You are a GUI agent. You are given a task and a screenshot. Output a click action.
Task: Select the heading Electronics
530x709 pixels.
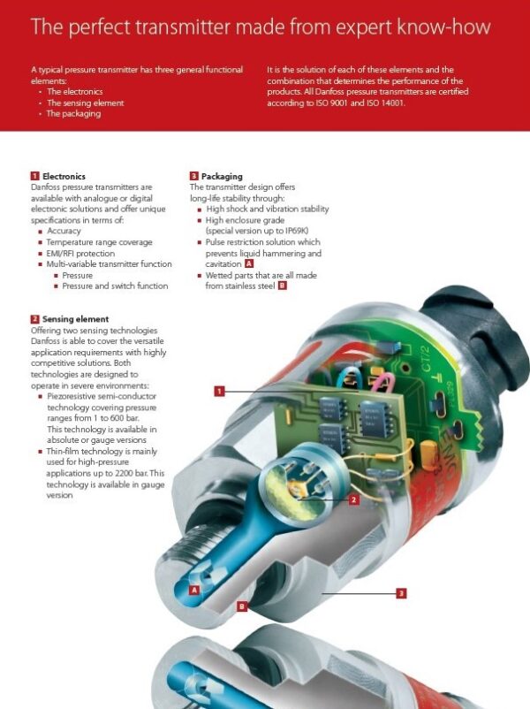(x=64, y=177)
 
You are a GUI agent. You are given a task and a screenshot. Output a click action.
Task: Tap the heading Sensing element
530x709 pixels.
(x=75, y=318)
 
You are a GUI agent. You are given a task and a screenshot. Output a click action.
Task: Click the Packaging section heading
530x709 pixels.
(x=222, y=177)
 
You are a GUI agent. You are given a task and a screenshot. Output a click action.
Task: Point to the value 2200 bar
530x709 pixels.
(x=123, y=474)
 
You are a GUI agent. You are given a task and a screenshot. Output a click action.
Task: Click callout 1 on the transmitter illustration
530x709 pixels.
(x=219, y=390)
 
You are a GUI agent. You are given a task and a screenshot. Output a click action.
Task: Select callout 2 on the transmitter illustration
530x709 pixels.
(x=353, y=499)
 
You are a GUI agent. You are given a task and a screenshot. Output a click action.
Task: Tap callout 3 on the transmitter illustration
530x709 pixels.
(x=400, y=593)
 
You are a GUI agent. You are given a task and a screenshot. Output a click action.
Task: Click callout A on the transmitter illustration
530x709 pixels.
(x=194, y=589)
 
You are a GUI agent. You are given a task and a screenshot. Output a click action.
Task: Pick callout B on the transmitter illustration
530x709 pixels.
(x=241, y=606)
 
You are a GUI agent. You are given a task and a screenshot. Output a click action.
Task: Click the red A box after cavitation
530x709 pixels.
(x=249, y=263)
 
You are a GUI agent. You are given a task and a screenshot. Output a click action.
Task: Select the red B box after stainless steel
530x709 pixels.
(x=282, y=286)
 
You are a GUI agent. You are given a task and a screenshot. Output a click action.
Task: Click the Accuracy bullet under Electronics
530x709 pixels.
(x=64, y=231)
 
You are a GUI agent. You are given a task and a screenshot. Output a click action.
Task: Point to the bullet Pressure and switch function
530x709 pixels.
(x=115, y=286)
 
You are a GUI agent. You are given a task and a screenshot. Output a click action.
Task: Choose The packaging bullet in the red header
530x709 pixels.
(x=73, y=114)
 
